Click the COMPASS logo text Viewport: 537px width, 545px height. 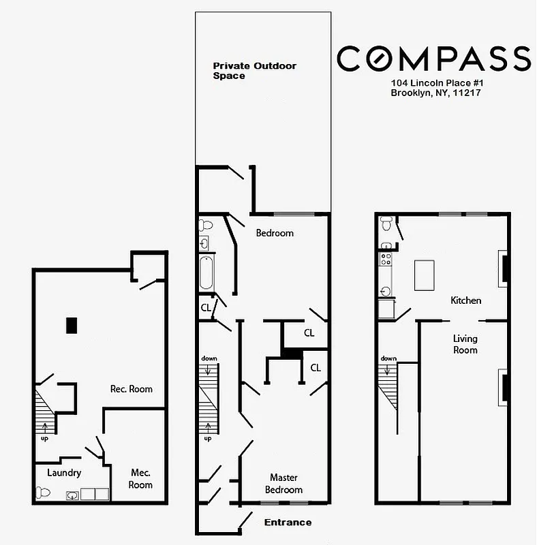click(x=433, y=59)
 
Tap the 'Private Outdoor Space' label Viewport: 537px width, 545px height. click(x=254, y=71)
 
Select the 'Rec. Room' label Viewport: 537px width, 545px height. click(x=132, y=389)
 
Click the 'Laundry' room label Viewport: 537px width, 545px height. click(x=64, y=473)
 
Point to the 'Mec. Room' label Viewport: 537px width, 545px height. click(x=140, y=478)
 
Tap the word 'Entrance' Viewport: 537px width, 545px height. click(x=288, y=523)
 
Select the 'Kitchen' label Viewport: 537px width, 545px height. click(x=466, y=300)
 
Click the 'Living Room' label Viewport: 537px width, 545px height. click(x=466, y=344)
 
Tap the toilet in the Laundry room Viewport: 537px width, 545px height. click(x=43, y=492)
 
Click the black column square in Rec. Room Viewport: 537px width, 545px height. click(x=72, y=325)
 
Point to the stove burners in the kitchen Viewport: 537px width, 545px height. click(x=385, y=260)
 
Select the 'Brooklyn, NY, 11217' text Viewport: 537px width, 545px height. click(x=436, y=93)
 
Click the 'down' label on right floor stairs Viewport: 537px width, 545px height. click(x=388, y=358)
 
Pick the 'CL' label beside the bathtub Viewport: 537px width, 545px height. click(x=205, y=308)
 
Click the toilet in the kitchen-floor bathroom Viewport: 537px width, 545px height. click(x=386, y=223)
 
